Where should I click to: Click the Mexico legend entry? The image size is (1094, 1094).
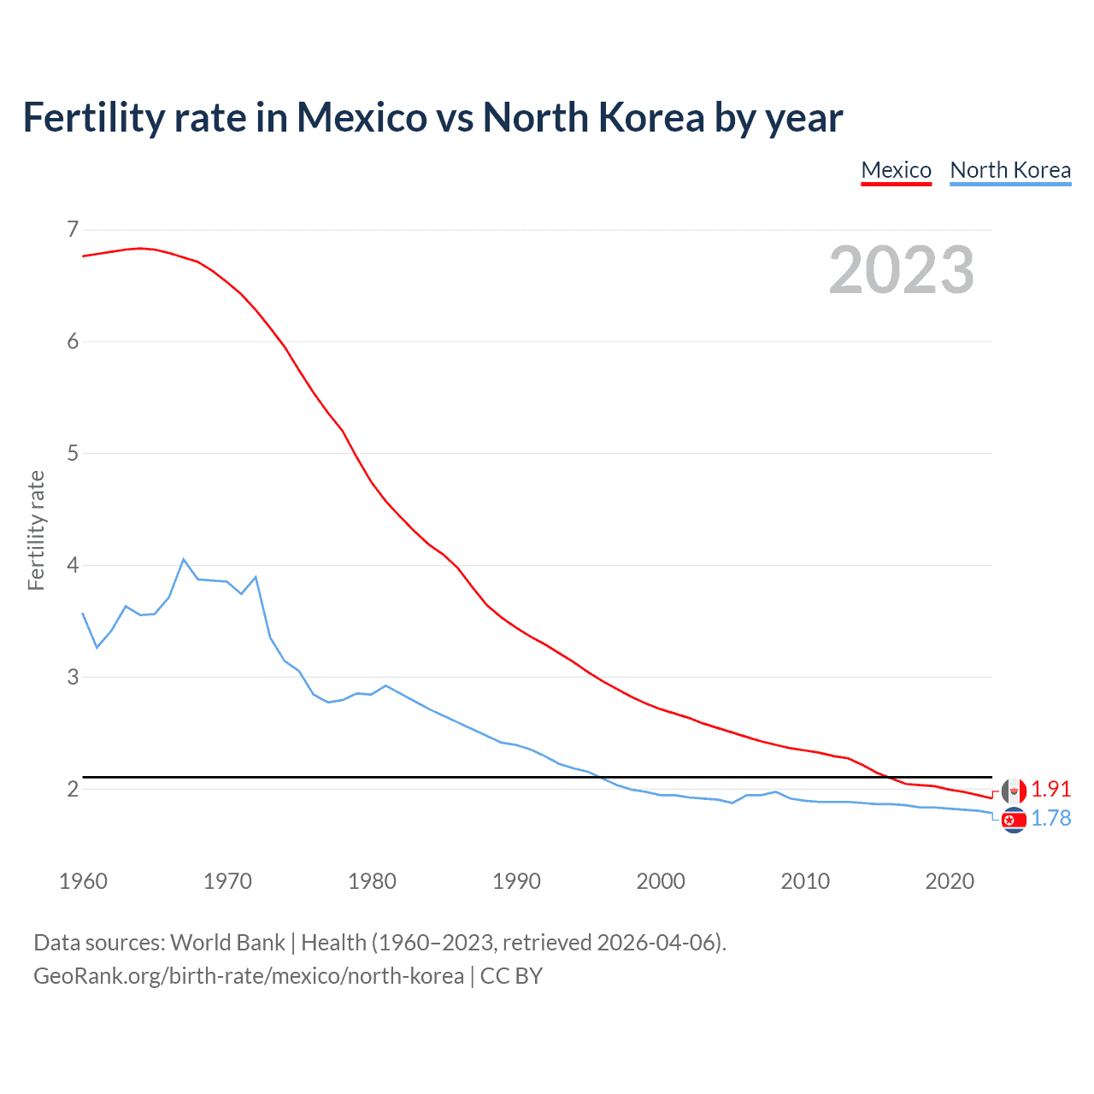[896, 170]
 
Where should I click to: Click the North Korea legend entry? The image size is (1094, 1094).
[1010, 170]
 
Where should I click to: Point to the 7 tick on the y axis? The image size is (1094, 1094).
[73, 229]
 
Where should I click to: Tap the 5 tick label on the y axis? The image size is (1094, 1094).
[73, 453]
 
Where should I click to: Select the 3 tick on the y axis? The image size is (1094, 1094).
[73, 677]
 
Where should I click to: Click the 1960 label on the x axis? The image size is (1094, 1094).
[83, 881]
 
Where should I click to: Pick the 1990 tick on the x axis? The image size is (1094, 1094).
[516, 881]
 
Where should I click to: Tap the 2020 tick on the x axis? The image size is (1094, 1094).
[950, 881]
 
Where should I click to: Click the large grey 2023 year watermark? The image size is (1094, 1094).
[901, 270]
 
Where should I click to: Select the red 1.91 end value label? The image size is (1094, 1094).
[1050, 789]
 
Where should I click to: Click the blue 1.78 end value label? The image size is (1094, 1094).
[1050, 819]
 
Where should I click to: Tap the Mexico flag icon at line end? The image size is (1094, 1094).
[1014, 791]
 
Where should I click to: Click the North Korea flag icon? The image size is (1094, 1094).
[1014, 820]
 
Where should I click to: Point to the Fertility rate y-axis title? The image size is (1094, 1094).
[36, 530]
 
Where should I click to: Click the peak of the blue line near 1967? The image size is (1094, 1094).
[184, 559]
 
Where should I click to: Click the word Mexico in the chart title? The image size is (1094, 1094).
[362, 117]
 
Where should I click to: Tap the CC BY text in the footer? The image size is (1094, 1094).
[511, 976]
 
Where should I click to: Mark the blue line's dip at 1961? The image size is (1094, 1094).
[97, 647]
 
